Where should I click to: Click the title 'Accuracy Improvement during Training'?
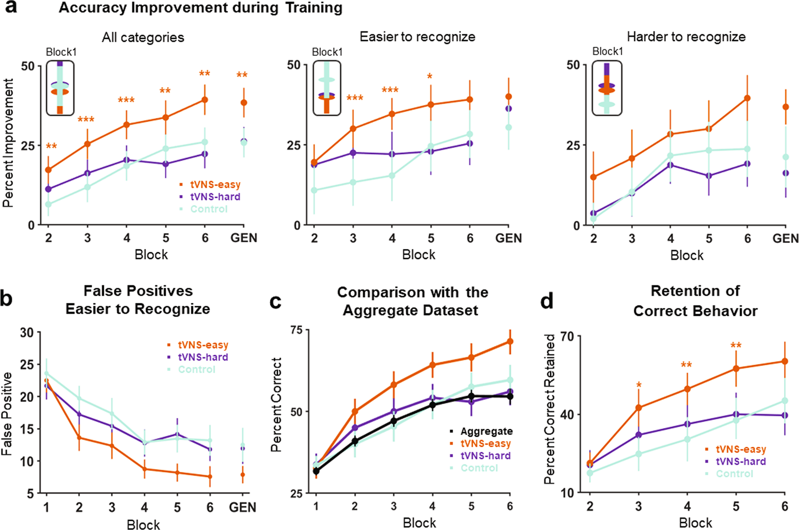tap(200, 8)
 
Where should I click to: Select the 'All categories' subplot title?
tap(143, 37)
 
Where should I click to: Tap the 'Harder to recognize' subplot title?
tap(686, 37)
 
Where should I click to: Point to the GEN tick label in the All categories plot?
tap(243, 238)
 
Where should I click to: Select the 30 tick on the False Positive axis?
tap(27, 332)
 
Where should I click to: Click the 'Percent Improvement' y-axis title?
tap(8, 143)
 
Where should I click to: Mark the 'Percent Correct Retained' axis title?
tap(550, 409)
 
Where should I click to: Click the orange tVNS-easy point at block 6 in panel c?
tap(510, 341)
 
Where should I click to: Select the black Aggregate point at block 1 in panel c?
tap(316, 471)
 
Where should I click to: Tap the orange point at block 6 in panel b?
tap(210, 476)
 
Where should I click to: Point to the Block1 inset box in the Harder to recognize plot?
tap(607, 88)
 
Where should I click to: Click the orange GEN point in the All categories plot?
tap(244, 103)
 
